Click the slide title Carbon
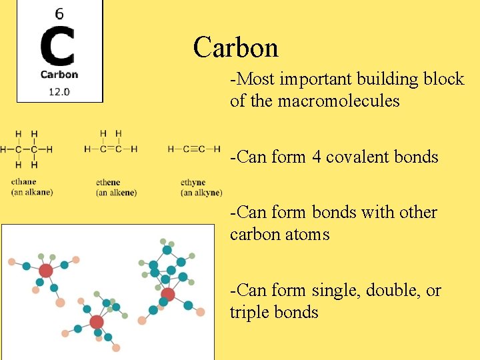point(235,48)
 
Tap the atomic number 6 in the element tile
point(59,13)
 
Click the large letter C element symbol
point(58,46)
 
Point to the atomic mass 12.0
point(59,91)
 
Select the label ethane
point(24,182)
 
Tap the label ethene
point(109,182)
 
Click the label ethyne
point(193,182)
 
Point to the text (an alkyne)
point(201,193)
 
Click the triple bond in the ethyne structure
point(193,149)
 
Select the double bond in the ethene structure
point(110,149)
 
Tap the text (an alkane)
point(31,193)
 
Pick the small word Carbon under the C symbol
point(59,75)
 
